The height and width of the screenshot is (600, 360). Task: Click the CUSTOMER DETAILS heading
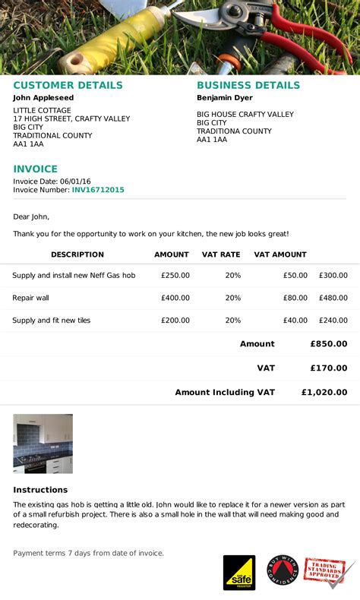pos(68,86)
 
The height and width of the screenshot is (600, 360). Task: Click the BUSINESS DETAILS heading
pos(248,86)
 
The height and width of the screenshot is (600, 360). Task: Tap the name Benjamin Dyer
pos(225,98)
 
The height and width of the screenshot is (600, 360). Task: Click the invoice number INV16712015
pos(98,190)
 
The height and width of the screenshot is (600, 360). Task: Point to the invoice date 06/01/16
pos(76,181)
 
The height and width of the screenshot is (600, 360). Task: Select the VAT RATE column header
pos(221,254)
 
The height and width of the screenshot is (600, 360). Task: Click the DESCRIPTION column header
pos(77,254)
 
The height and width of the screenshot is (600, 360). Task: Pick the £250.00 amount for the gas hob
pos(175,276)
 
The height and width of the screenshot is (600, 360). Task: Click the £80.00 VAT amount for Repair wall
pos(295,298)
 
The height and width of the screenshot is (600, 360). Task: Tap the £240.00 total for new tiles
pos(333,321)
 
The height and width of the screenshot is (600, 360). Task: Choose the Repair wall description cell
pos(30,298)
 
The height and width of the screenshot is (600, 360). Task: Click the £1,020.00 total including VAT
pos(324,393)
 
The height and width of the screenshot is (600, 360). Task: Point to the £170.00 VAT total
pos(329,368)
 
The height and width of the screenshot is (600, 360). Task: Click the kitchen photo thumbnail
pos(43,444)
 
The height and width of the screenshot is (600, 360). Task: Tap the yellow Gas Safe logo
pos(238,573)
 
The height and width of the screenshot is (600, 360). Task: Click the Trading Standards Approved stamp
pos(328,572)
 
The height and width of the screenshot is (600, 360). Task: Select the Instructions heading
pos(40,490)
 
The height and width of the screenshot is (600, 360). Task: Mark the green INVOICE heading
pos(35,169)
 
